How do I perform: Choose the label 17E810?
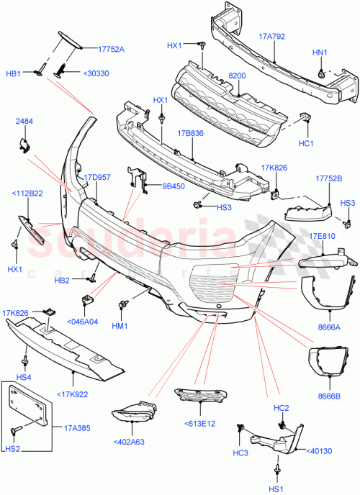point(323,236)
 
